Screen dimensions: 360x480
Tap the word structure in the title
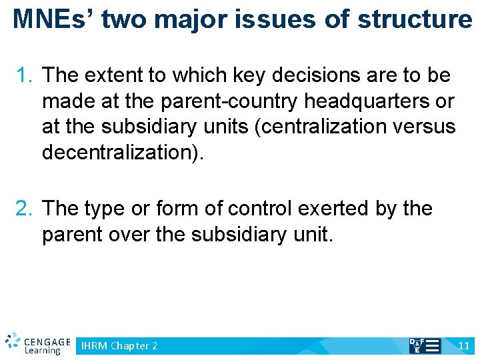414,19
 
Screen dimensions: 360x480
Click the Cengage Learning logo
37,343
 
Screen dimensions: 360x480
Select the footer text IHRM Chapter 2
119,346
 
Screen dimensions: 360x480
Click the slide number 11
464,346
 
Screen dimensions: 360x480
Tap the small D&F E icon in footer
424,345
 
